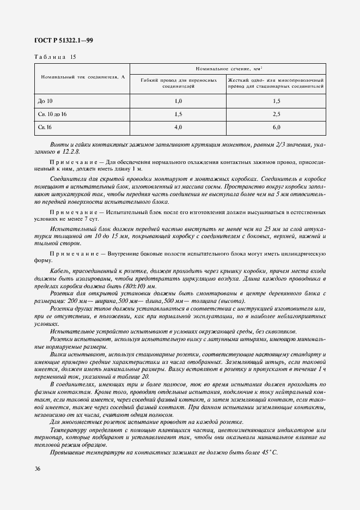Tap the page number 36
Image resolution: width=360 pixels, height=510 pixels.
(x=38, y=468)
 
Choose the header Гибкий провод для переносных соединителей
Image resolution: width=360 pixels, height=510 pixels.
(x=178, y=83)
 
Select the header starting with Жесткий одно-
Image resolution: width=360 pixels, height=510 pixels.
(x=276, y=83)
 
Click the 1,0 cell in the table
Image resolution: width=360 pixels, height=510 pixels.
(x=178, y=101)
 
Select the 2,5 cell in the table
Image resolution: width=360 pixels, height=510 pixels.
(x=276, y=114)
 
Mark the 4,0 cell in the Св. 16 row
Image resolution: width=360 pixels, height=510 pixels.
(x=178, y=127)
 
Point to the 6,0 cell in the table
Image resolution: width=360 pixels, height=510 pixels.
(x=276, y=127)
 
